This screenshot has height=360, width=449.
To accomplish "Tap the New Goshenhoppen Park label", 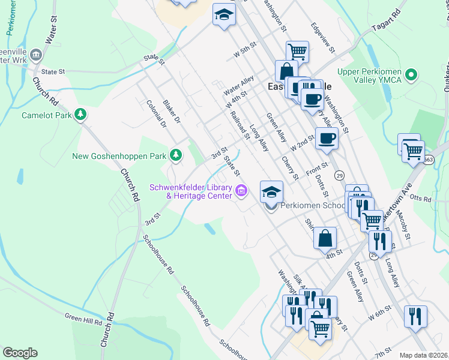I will click(119, 157).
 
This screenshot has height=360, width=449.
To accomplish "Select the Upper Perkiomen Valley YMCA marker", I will click(411, 76).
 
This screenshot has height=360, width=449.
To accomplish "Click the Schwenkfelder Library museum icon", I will click(241, 191).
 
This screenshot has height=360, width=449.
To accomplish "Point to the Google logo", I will click(20, 353).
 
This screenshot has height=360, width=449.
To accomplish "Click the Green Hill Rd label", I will click(83, 320).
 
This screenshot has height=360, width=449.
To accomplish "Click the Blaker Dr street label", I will click(172, 111).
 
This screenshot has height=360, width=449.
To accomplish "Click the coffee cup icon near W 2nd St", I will click(327, 139).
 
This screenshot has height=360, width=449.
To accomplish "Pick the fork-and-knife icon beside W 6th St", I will click(415, 316).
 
